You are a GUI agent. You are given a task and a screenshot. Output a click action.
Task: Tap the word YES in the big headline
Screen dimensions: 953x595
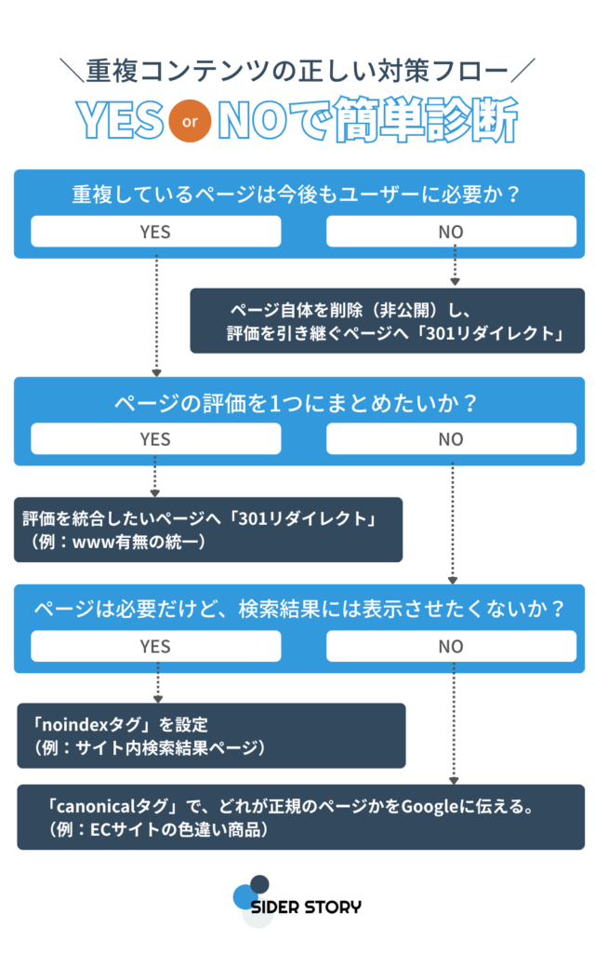tap(119, 121)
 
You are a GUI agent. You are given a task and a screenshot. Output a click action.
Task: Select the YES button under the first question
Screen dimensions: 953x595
tap(155, 232)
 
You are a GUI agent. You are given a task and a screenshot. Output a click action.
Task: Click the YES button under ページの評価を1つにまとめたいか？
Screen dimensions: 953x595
tap(155, 438)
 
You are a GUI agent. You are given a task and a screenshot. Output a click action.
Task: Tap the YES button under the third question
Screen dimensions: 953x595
tap(155, 646)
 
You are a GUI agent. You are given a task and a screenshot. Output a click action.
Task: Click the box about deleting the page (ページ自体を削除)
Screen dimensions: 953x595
tap(388, 321)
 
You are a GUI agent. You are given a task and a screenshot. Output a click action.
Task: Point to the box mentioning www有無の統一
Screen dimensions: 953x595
tap(208, 530)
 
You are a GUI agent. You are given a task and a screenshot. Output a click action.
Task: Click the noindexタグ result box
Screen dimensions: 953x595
tap(211, 735)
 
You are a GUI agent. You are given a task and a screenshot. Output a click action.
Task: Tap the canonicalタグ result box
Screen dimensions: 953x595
tap(301, 817)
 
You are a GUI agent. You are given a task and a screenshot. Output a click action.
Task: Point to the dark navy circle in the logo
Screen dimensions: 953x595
tap(259, 884)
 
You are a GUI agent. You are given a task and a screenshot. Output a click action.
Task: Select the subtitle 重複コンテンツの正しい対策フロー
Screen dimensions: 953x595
tap(297, 70)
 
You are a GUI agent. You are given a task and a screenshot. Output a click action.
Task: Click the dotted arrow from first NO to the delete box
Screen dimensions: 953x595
tap(455, 266)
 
